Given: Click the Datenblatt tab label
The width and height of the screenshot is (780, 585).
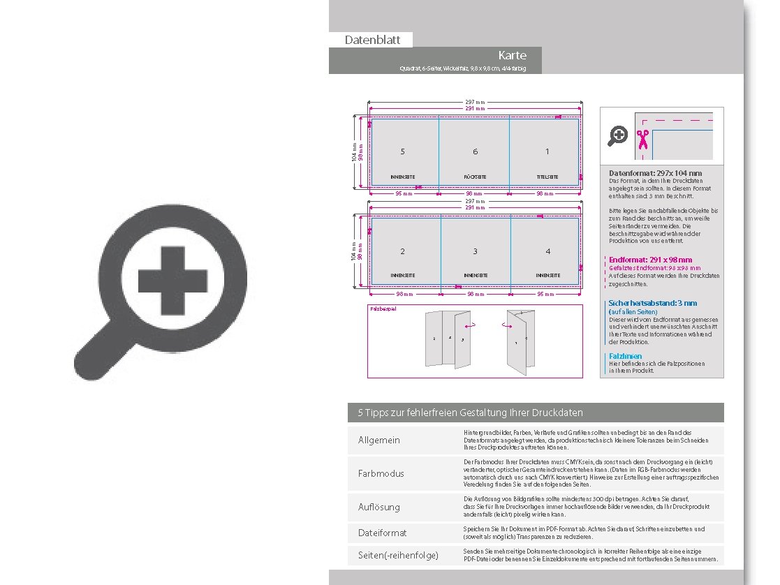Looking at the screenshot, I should click(x=372, y=40).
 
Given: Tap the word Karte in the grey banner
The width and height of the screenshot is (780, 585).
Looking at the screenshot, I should click(x=512, y=55).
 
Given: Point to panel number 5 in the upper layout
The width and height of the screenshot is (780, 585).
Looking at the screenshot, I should click(x=403, y=151).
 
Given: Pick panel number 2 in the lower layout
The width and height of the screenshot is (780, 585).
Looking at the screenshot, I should click(x=403, y=251).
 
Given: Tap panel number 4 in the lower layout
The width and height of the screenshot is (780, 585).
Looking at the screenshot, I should click(x=547, y=251).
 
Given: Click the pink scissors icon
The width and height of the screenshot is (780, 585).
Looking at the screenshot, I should click(x=642, y=139).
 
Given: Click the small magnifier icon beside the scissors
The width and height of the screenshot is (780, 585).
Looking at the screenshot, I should click(x=617, y=135).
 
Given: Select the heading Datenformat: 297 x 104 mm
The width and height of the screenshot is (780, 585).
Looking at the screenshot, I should click(x=655, y=173).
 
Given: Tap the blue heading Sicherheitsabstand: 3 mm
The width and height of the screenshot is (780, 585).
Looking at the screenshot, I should click(x=652, y=304).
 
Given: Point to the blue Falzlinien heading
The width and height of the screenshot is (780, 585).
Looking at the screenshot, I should click(x=625, y=356).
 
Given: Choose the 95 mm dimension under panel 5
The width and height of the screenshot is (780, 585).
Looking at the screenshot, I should click(x=403, y=193).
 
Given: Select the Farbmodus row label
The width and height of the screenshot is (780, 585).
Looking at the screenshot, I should click(x=381, y=474).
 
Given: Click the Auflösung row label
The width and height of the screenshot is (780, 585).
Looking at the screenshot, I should click(x=378, y=508).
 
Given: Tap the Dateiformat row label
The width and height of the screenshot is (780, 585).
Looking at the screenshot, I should click(x=382, y=533).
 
